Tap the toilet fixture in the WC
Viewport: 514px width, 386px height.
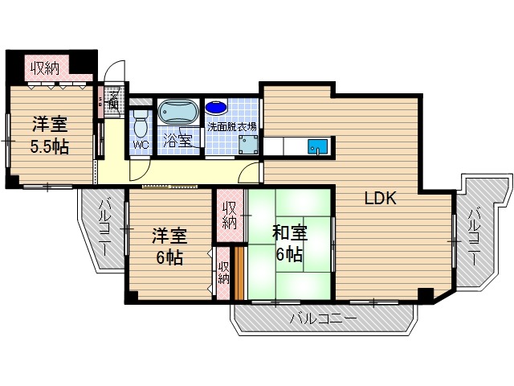141,125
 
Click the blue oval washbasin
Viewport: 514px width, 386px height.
216,107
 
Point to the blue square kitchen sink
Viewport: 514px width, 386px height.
318,148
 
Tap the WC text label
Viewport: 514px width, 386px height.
140,146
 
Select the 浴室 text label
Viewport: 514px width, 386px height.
177,140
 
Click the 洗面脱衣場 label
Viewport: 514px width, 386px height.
232,126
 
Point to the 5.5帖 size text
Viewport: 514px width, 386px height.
49,146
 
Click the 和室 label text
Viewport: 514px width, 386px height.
289,234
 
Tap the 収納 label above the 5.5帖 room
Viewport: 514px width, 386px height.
45,68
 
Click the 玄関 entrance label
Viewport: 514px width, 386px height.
113,99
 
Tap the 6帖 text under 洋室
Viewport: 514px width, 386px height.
169,258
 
